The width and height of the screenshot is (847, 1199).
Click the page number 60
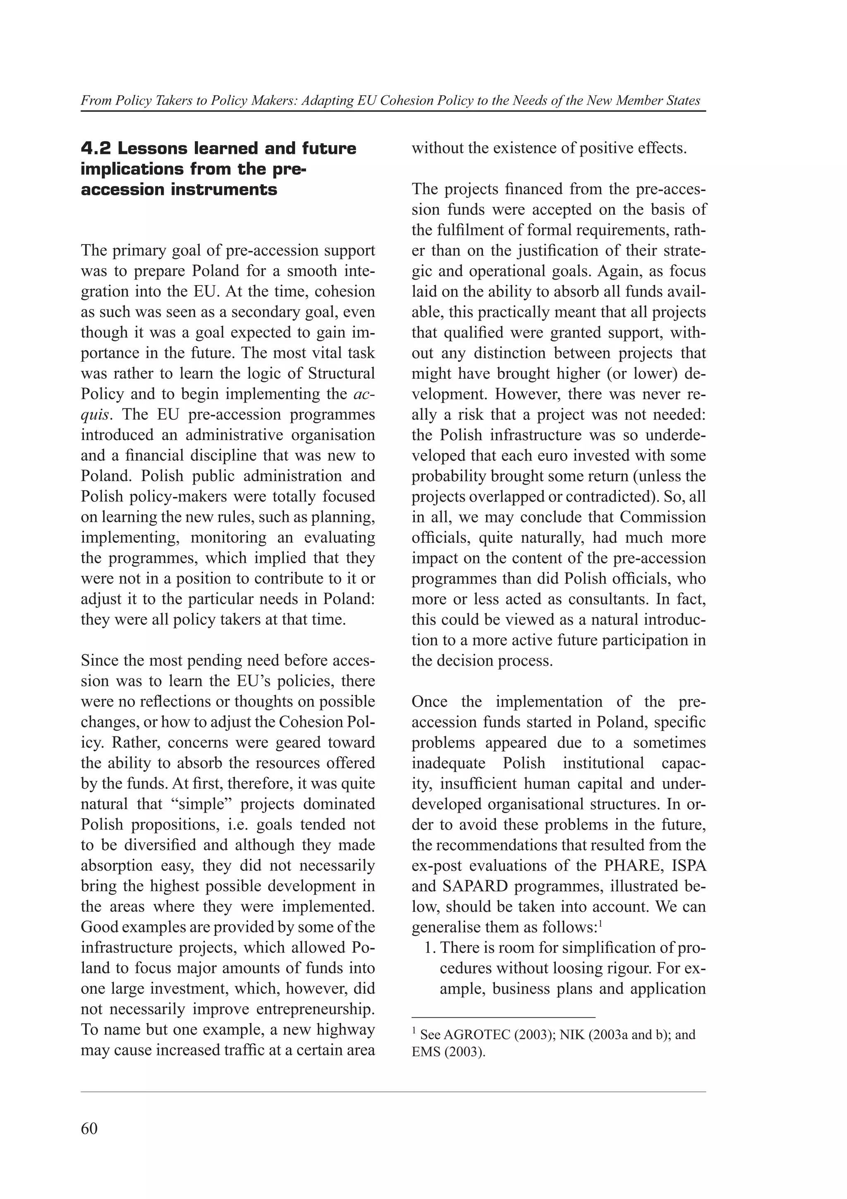click(x=89, y=1129)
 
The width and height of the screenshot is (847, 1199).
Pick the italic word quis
click(x=95, y=415)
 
